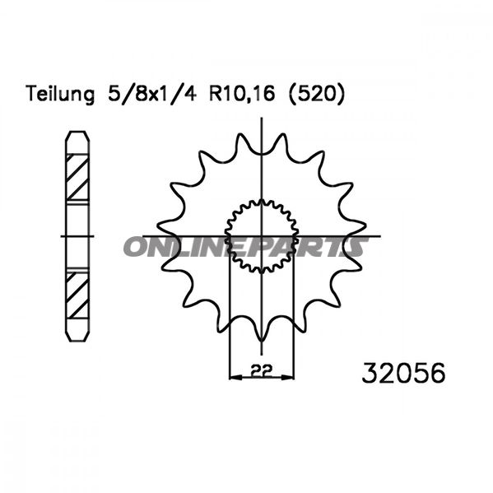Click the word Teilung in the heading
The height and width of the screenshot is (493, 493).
click(x=60, y=94)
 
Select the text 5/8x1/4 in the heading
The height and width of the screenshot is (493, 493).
click(x=152, y=93)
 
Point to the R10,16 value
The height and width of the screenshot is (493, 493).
click(x=242, y=94)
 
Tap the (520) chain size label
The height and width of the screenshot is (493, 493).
click(x=317, y=94)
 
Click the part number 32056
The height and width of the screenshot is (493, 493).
click(x=404, y=373)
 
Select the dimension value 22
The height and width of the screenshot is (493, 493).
click(x=261, y=370)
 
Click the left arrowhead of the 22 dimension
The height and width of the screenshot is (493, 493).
click(x=236, y=377)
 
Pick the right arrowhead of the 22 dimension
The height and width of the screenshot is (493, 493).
click(x=288, y=377)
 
